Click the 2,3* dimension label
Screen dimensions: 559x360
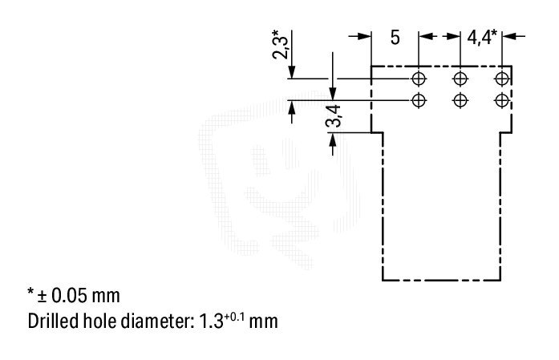[280, 45]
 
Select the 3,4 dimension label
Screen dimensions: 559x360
[334, 116]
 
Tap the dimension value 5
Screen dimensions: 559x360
[395, 38]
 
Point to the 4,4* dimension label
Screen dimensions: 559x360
[482, 37]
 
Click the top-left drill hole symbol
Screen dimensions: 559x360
[419, 79]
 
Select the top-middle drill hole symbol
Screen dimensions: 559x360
[460, 79]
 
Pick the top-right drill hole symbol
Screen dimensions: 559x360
[502, 79]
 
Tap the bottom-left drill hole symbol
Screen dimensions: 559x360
[419, 100]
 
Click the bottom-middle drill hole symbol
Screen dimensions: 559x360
[460, 100]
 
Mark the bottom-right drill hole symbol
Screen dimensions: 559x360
[502, 100]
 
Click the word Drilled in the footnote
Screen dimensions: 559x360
[53, 321]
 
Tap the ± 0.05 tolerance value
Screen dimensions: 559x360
[78, 296]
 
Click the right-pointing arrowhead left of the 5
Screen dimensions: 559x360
[364, 36]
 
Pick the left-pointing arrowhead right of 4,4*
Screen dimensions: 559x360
[508, 36]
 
